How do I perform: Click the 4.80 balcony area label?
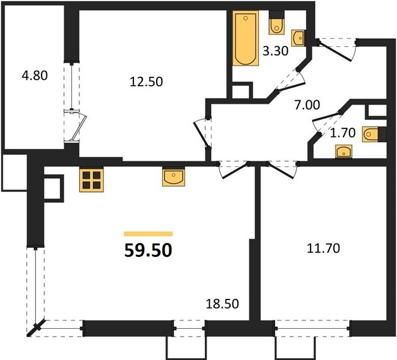(x=35, y=76)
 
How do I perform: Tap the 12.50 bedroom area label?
(x=146, y=82)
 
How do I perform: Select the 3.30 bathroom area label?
(x=276, y=51)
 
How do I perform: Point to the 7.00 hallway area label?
(x=307, y=105)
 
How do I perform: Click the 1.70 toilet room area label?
(x=343, y=133)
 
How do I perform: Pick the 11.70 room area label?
(x=323, y=248)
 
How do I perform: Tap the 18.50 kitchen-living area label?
(x=222, y=304)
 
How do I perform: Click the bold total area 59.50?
(x=148, y=250)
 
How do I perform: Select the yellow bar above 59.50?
(x=148, y=234)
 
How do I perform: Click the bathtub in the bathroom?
(x=246, y=38)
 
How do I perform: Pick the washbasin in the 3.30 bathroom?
(x=299, y=38)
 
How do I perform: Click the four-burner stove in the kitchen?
(x=91, y=180)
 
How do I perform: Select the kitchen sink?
(x=174, y=177)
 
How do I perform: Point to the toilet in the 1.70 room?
(x=374, y=134)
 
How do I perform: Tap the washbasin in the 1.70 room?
(x=344, y=152)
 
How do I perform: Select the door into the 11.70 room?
(x=283, y=170)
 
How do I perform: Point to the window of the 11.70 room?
(x=312, y=328)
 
